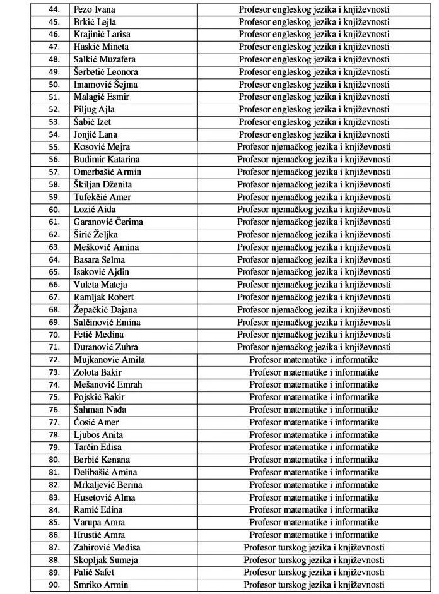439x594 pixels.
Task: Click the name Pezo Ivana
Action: tap(95, 9)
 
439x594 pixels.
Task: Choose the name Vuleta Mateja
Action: tap(100, 284)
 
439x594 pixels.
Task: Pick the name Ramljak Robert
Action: tap(103, 297)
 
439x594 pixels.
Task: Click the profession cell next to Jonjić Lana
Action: tap(313, 134)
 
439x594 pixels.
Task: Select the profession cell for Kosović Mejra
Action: tap(313, 147)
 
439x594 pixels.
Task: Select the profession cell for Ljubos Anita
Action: tap(313, 435)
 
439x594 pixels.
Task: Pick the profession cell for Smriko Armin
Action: tap(313, 585)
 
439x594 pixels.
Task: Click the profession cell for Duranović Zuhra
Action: tap(313, 347)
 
